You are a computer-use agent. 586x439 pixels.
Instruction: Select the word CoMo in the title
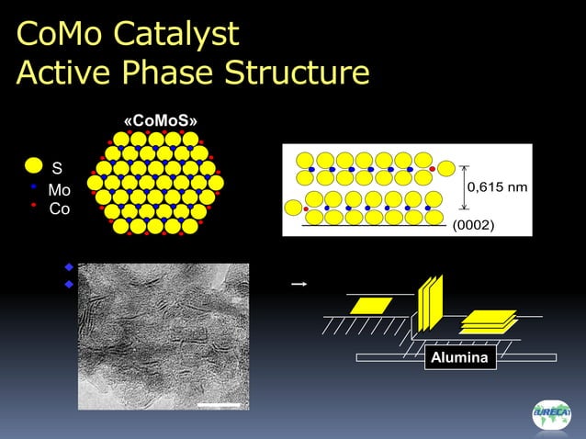click(x=61, y=33)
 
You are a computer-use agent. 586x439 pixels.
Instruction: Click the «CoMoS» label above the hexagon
click(x=160, y=121)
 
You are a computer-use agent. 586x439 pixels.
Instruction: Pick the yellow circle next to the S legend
click(x=33, y=166)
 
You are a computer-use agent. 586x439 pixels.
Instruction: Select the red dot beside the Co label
click(x=33, y=205)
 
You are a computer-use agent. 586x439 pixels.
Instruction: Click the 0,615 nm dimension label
click(x=497, y=187)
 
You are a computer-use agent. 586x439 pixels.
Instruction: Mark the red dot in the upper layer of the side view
click(x=432, y=169)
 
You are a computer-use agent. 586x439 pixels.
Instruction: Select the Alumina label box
click(x=460, y=358)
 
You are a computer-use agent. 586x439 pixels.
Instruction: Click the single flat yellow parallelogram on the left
click(x=370, y=305)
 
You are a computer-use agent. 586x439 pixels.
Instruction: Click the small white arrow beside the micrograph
click(x=298, y=285)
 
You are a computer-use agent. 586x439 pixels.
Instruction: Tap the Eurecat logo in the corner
click(x=550, y=414)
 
